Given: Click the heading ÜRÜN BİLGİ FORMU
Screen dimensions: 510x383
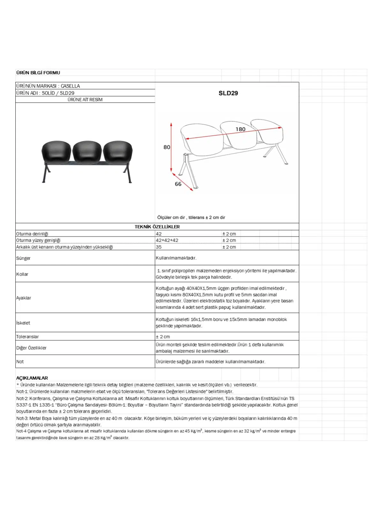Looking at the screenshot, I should pyautogui.click(x=38, y=73).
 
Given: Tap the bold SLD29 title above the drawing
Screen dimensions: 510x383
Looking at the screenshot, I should pyautogui.click(x=228, y=93).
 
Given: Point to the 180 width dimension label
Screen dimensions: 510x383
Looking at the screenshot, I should pyautogui.click(x=240, y=129).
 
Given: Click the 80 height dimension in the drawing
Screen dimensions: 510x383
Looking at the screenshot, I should pyautogui.click(x=167, y=147).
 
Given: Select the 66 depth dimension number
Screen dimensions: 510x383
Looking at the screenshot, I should pyautogui.click(x=178, y=184).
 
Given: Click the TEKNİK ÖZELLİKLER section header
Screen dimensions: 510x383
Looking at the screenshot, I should pyautogui.click(x=157, y=227).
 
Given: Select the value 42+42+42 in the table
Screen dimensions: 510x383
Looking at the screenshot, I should pyautogui.click(x=167, y=240).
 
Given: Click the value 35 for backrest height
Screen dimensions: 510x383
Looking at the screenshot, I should pyautogui.click(x=159, y=247).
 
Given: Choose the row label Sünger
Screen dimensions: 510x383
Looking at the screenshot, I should pyautogui.click(x=23, y=258).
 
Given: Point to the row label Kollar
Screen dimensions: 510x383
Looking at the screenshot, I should pyautogui.click(x=22, y=274).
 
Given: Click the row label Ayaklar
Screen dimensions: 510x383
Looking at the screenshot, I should pyautogui.click(x=24, y=298).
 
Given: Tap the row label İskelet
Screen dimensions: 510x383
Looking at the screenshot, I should pyautogui.click(x=23, y=323).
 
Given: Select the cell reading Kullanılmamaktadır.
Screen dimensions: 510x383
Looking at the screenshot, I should pyautogui.click(x=176, y=258).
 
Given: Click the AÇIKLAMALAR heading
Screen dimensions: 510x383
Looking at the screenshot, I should pyautogui.click(x=32, y=378).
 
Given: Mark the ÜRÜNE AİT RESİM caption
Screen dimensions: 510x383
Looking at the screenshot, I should pyautogui.click(x=85, y=99).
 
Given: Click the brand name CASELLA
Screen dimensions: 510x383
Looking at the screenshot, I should pyautogui.click(x=70, y=86).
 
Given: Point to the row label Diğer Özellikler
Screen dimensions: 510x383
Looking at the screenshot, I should pyautogui.click(x=31, y=348).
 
